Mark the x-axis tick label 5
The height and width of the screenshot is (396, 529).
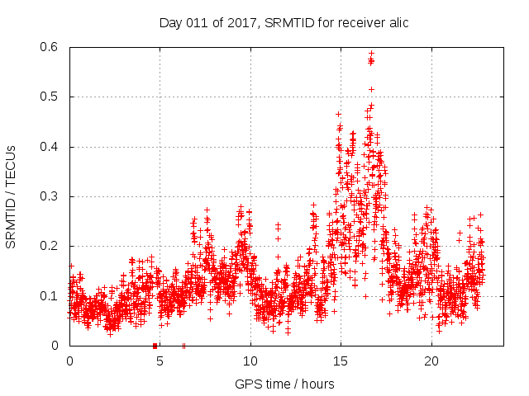pos(160,361)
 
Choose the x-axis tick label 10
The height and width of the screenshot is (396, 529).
pos(250,361)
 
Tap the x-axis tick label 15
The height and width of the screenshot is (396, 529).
pos(341,361)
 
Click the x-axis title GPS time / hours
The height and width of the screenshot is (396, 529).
pos(284,384)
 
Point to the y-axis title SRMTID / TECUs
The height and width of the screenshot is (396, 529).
pos(11,196)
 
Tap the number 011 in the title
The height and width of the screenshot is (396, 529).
pos(195,22)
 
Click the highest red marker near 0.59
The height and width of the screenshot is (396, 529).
pos(371,54)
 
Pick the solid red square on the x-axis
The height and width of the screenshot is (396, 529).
pos(155,346)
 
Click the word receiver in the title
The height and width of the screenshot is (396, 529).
pos(360,22)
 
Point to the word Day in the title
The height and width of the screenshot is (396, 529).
pos(170,22)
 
